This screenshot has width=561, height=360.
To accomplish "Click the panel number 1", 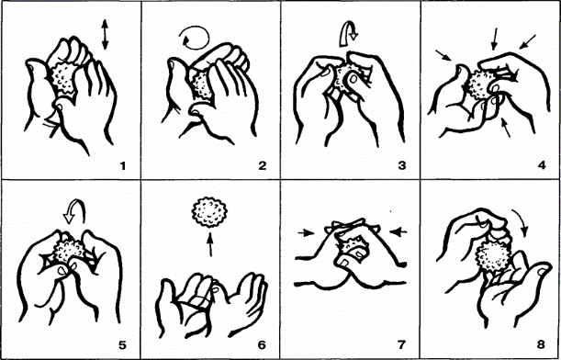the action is coord(123,165).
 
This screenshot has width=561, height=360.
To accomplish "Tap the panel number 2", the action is coord(263,165).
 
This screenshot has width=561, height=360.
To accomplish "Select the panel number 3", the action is coord(402,165).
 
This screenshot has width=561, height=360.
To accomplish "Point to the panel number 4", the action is coord(541,165).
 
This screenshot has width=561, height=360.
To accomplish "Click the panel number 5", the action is coord(122,345).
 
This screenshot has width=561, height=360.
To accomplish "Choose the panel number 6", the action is coord(262,345).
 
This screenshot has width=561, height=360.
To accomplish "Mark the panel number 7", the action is coord(401,345).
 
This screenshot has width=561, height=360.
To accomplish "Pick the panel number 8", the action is coord(541,345).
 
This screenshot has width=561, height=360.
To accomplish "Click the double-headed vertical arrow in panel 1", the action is coord(105,34).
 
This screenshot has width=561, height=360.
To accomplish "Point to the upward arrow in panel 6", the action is coord(210,244).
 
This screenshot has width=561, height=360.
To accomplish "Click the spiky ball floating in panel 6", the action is coord(210,212).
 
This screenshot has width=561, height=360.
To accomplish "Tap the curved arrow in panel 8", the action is coord(522,224).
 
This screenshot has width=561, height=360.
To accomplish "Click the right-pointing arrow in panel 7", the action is coord(306,233).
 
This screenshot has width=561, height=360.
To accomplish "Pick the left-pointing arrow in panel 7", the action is coord(398,232).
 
